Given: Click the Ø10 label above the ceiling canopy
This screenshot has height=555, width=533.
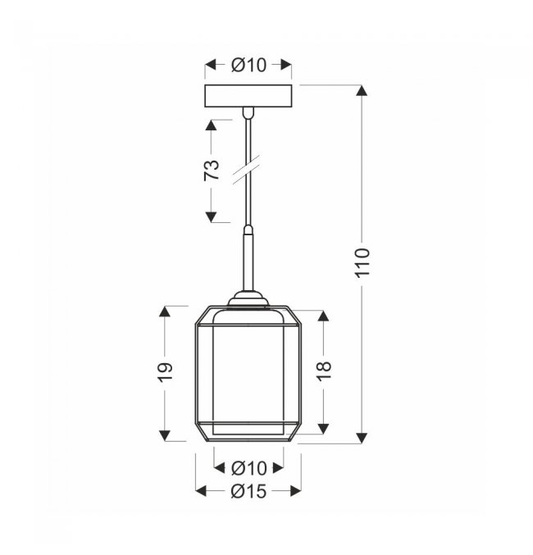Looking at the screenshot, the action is click(248, 65).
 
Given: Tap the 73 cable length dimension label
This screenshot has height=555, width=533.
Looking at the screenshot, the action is click(212, 171).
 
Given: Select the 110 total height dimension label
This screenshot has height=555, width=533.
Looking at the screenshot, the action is click(362, 262).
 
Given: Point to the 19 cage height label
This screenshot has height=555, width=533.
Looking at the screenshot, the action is click(165, 372).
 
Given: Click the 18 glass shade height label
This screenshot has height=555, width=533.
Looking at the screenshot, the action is click(324, 371).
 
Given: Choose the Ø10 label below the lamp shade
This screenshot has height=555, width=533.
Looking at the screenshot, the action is click(248, 468).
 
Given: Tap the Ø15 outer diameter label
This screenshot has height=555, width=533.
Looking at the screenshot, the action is click(248, 491).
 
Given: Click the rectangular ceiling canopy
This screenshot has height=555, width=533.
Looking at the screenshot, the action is click(248, 96).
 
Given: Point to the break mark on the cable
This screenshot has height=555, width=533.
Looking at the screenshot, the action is click(246, 170).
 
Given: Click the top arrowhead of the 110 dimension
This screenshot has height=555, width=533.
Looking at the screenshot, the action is click(362, 91).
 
